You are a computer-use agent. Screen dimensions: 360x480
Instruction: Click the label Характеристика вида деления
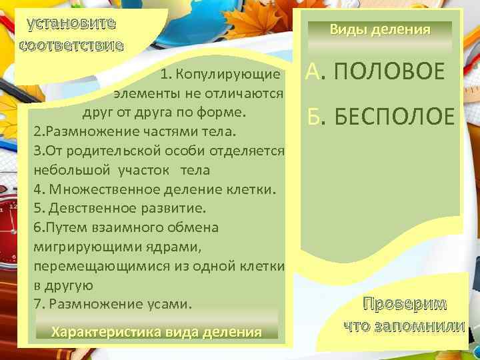click(156, 332)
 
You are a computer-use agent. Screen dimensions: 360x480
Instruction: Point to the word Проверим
click(405, 304)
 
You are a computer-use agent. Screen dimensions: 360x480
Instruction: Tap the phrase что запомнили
click(405, 326)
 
